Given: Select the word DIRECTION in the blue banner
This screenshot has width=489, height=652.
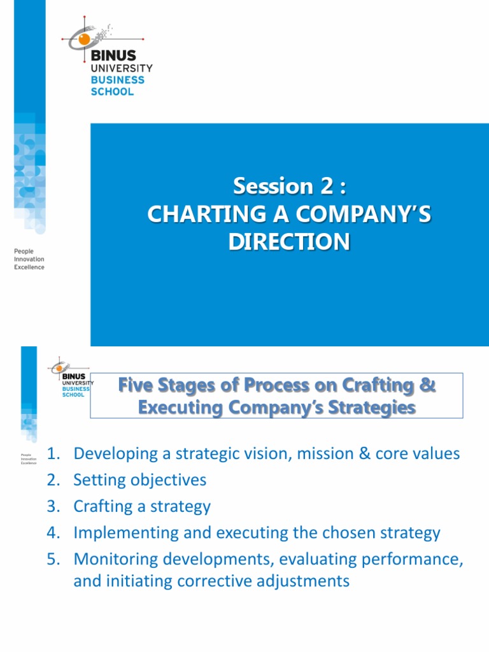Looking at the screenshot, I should (x=290, y=242).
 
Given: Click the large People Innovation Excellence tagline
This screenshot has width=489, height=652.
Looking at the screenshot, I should (x=29, y=259).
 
